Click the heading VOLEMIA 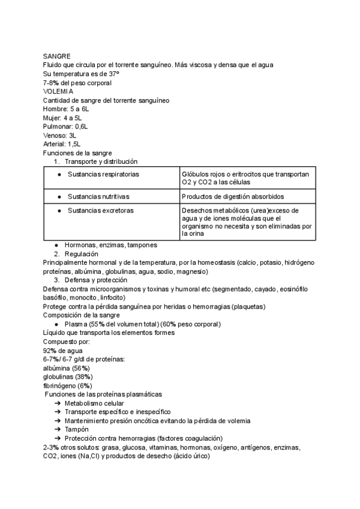point(58,91)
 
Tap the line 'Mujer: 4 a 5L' point(62,118)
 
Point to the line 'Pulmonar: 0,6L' point(65,127)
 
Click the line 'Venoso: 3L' point(59,136)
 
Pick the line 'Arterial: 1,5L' point(62,144)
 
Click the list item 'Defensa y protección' point(96,280)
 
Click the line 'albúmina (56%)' point(67,367)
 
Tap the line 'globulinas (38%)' point(68,376)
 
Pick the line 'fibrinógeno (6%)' point(68,385)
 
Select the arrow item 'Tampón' point(77,429)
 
